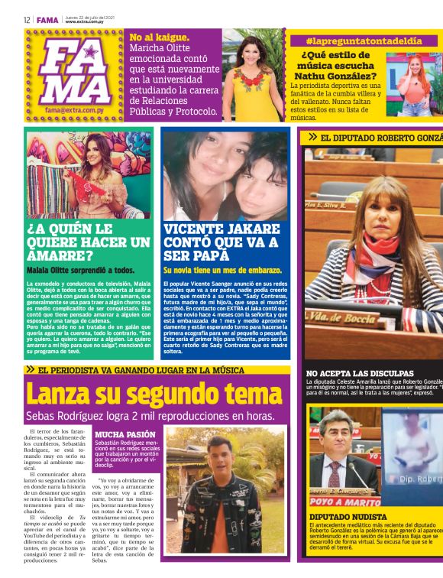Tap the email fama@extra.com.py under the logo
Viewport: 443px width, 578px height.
pyautogui.click(x=73, y=110)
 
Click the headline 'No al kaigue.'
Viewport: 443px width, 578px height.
pyautogui.click(x=160, y=37)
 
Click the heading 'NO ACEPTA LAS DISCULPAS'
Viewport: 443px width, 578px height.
pyautogui.click(x=360, y=373)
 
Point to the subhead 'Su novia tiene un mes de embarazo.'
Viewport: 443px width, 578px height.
pyautogui.click(x=222, y=271)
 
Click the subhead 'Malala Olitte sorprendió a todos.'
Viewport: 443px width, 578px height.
pyautogui.click(x=80, y=271)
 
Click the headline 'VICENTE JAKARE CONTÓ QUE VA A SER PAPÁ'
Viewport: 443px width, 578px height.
pyautogui.click(x=222, y=242)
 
